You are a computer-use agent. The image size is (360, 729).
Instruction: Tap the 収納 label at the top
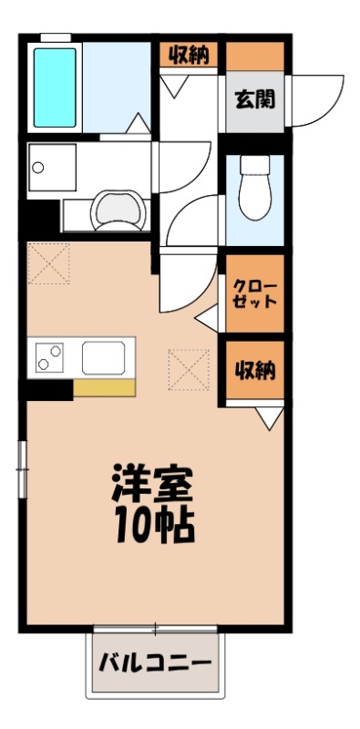(189, 56)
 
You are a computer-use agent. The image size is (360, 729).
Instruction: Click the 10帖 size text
(152, 527)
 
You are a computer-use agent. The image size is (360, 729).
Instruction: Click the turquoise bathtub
(54, 87)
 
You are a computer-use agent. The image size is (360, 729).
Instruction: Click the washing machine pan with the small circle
(55, 168)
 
